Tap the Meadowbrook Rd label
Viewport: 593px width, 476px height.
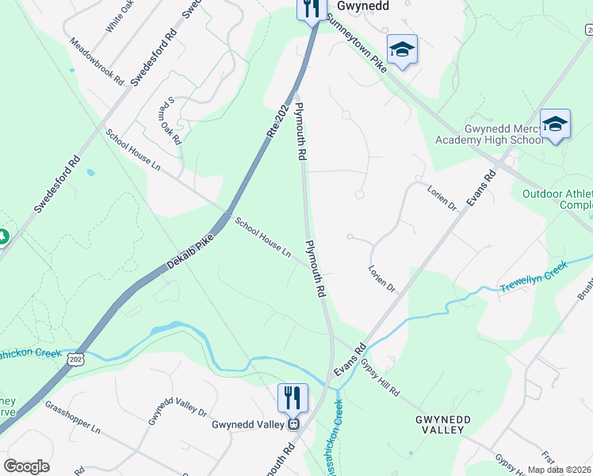[97, 61]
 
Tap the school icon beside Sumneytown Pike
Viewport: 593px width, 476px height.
[403, 49]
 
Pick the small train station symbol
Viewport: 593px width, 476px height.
[293, 424]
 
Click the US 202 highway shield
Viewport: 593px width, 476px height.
[76, 359]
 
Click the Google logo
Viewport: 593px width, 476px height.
[26, 466]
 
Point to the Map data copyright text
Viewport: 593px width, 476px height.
[559, 470]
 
